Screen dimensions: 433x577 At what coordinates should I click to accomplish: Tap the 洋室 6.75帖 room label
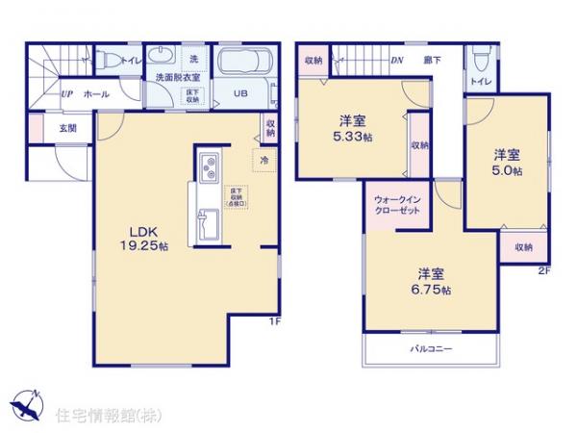tap(429, 278)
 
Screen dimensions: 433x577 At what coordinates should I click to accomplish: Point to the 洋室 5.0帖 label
tap(508, 162)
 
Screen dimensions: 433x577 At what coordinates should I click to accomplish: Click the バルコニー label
tap(432, 347)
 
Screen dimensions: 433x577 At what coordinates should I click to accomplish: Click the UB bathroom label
tap(241, 93)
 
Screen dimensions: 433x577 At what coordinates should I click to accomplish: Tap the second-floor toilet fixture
tap(481, 61)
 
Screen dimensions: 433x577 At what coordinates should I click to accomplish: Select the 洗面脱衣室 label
tap(171, 77)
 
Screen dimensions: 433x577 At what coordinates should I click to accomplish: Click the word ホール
tap(96, 94)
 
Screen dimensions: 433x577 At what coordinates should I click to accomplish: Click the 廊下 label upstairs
tap(433, 60)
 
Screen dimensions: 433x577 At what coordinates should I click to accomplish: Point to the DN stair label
tap(395, 60)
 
